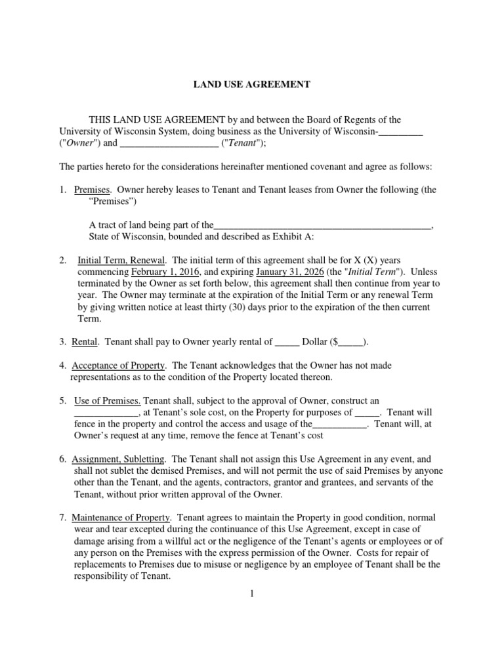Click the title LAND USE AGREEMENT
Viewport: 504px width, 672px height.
251,84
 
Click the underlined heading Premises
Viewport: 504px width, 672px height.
92,190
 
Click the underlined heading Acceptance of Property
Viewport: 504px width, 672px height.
119,366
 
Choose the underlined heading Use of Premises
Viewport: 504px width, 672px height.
108,401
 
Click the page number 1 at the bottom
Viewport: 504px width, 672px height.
251,595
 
